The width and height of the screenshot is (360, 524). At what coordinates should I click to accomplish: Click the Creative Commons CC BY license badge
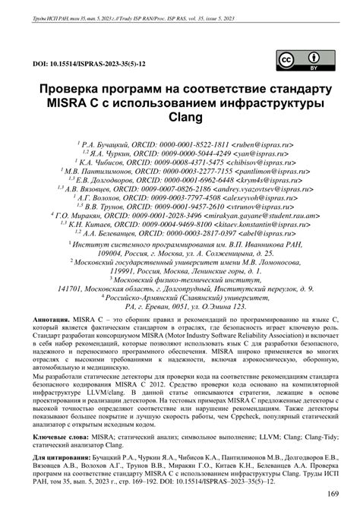tap(298, 62)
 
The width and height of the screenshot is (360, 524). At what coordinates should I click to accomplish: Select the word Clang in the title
tap(181, 118)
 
